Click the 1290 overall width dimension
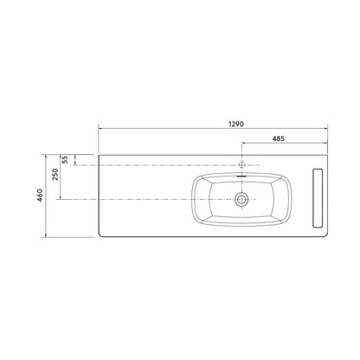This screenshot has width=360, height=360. [236, 124]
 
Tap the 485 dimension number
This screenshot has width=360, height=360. [279, 138]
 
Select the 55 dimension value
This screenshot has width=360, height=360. [66, 159]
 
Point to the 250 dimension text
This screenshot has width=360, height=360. [55, 174]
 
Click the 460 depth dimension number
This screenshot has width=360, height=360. [40, 196]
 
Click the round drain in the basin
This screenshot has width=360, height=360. [241, 199]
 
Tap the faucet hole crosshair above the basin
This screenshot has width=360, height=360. [242, 165]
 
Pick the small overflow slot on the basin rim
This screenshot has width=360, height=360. [241, 175]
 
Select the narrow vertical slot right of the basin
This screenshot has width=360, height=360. [318, 198]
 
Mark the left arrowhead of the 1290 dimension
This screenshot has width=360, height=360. [100, 128]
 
